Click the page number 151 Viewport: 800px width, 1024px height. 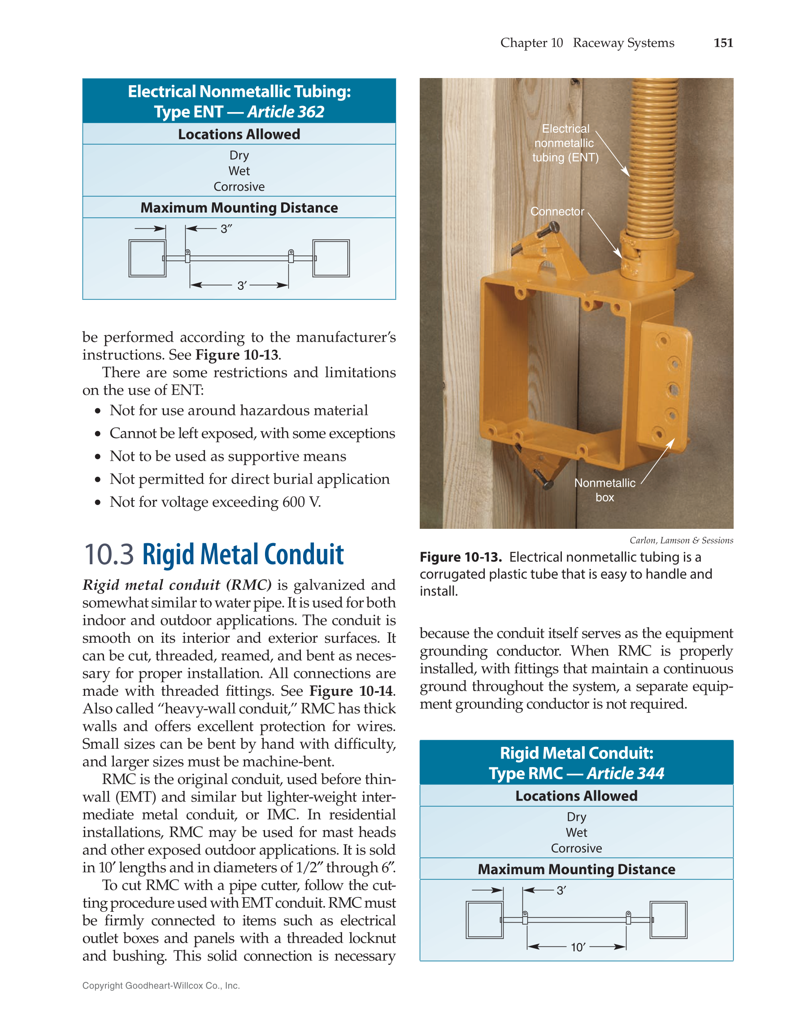point(723,43)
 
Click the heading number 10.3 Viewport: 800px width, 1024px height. point(108,555)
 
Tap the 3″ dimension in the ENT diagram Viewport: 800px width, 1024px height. point(226,229)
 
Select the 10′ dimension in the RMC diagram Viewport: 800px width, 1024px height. point(578,947)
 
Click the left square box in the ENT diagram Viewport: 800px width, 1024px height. point(147,258)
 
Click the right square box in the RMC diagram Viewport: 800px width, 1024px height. point(668,920)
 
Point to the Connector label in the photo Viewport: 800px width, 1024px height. point(557,211)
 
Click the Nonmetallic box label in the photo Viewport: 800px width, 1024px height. point(604,490)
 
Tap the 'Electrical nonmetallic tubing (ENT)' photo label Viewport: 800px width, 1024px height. point(565,143)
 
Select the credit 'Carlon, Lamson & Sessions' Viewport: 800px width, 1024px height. point(681,540)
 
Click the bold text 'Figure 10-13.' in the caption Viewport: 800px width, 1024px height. point(461,557)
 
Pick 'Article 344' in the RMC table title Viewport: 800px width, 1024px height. point(625,774)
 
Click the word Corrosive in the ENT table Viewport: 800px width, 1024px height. point(239,187)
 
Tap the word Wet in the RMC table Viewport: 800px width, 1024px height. point(576,833)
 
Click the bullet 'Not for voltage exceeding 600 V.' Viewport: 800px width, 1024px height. point(215,502)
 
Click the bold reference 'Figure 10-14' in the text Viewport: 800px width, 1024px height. point(351,691)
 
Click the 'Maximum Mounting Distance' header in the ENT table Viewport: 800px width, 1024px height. point(239,208)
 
